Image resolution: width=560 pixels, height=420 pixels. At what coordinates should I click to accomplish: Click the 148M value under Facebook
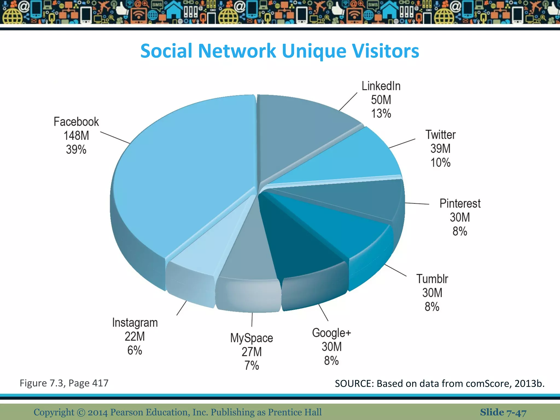pyautogui.click(x=76, y=136)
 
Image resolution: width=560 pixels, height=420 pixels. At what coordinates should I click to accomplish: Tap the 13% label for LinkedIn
pyautogui.click(x=381, y=113)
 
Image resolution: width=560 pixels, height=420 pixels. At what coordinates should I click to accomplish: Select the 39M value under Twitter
pyautogui.click(x=441, y=149)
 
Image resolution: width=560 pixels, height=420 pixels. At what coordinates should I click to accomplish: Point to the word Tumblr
pyautogui.click(x=432, y=279)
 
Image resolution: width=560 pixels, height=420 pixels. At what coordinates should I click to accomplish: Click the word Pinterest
pyautogui.click(x=460, y=204)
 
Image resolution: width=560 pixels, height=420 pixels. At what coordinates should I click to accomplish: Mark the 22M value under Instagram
pyautogui.click(x=135, y=336)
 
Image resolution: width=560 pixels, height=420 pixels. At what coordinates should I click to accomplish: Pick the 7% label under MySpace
pyautogui.click(x=252, y=366)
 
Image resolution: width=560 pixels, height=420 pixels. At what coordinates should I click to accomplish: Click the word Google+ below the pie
pyautogui.click(x=331, y=333)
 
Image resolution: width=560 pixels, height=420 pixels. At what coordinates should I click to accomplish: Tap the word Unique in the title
pyautogui.click(x=314, y=51)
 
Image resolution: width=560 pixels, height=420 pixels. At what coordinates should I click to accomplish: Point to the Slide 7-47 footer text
pyautogui.click(x=503, y=412)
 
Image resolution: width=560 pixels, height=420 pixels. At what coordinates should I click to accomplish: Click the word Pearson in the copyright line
pyautogui.click(x=127, y=412)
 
